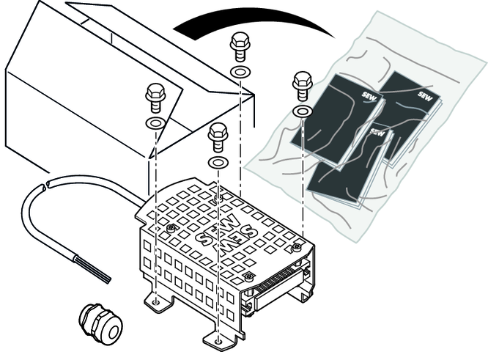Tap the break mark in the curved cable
click(x=45, y=185)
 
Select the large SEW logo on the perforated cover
click(x=227, y=234)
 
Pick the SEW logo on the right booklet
click(x=425, y=95)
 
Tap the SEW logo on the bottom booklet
click(x=377, y=133)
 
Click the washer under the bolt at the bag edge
click(x=303, y=111)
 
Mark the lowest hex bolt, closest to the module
click(x=218, y=136)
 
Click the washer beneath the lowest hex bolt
click(x=218, y=162)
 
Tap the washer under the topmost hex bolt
click(x=240, y=73)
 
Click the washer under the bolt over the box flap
click(x=155, y=123)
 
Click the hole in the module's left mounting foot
click(x=157, y=302)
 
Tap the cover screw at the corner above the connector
click(x=296, y=248)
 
